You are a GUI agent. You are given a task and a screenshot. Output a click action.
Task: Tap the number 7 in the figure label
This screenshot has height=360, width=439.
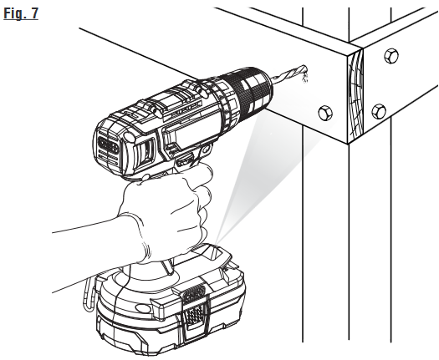(34, 13)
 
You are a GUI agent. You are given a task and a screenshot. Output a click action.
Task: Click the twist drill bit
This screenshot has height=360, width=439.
(288, 74)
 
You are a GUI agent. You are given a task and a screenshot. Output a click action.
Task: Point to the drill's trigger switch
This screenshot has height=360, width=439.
(184, 160)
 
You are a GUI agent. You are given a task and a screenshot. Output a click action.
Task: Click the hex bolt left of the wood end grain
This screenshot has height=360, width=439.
(325, 113)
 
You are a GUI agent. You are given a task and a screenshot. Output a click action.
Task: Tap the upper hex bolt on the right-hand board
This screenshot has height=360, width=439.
(391, 56)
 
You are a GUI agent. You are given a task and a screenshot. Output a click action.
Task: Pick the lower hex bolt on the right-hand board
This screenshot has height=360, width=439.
(379, 111)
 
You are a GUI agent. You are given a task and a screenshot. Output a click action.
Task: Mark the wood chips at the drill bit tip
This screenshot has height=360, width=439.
(304, 77)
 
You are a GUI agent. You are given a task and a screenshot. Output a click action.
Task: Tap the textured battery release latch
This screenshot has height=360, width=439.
(194, 310)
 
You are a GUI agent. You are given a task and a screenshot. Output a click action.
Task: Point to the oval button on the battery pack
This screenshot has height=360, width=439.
(143, 308)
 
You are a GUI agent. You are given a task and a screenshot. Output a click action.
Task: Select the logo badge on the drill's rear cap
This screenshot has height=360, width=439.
(109, 145)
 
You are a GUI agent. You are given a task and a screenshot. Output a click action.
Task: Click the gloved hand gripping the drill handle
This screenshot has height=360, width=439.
(166, 213)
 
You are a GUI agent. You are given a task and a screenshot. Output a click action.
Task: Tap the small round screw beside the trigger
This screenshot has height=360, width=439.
(206, 149)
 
